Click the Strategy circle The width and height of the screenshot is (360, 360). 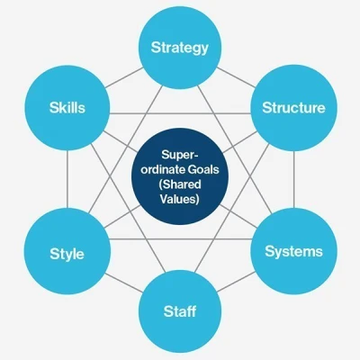pyautogui.click(x=180, y=48)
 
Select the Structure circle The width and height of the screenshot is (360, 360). pyautogui.click(x=293, y=108)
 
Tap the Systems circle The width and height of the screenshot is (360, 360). pyautogui.click(x=293, y=251)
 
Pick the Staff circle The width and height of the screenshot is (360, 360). pyautogui.click(x=180, y=311)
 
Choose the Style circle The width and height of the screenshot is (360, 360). pyautogui.click(x=67, y=251)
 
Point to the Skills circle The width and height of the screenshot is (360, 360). pyautogui.click(x=67, y=108)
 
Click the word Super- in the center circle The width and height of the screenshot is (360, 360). pyautogui.click(x=180, y=155)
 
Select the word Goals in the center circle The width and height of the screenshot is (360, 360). pyautogui.click(x=203, y=170)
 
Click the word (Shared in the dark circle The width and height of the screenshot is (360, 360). pyautogui.click(x=180, y=184)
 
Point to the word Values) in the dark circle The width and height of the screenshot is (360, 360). pyautogui.click(x=180, y=199)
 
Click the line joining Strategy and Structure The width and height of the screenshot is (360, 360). pyautogui.click(x=236, y=77)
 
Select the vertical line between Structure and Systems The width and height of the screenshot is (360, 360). pyautogui.click(x=294, y=180)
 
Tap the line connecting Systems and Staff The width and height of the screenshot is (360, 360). pyautogui.click(x=236, y=282)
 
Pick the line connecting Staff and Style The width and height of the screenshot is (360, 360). pyautogui.click(x=124, y=282)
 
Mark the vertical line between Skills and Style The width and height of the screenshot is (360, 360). pyautogui.click(x=67, y=179)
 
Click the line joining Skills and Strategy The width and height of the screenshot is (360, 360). pyautogui.click(x=124, y=77)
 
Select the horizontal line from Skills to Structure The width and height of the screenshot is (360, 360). pyautogui.click(x=180, y=113)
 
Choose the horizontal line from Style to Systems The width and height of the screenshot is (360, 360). pyautogui.click(x=181, y=239)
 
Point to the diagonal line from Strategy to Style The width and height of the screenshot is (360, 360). pyautogui.click(x=125, y=150)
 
